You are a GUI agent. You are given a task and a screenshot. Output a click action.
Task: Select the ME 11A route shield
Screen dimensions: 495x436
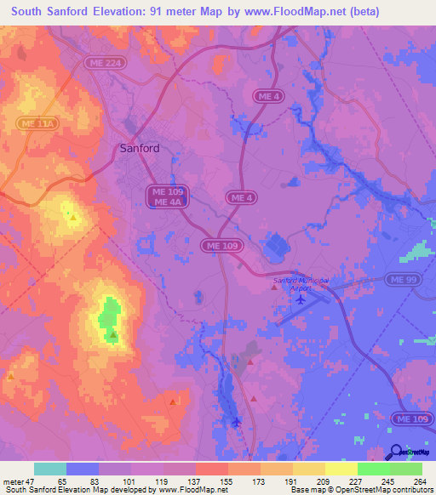tap(38, 124)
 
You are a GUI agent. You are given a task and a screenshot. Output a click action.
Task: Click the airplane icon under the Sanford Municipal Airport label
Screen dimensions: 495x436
tap(298, 299)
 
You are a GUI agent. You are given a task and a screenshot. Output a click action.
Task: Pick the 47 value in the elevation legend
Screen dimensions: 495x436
tap(32, 481)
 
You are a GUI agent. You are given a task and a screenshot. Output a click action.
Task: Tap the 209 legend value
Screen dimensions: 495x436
tap(313, 481)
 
